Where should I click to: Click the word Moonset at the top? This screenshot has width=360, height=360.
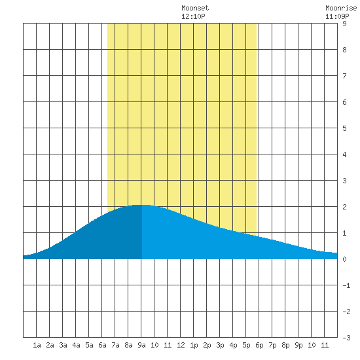pos(195,8)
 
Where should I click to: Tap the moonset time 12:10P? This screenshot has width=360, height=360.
pos(193,16)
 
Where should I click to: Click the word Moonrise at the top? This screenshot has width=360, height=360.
pos(341,8)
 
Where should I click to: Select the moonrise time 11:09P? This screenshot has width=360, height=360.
pos(337,16)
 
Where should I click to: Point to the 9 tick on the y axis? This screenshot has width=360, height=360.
pos(344,24)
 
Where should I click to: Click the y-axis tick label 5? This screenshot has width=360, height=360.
pos(344,128)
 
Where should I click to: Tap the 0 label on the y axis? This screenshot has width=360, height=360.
pos(344,259)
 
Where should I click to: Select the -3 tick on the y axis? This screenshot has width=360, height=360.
pos(346,338)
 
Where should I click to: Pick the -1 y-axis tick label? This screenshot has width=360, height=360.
pos(346,285)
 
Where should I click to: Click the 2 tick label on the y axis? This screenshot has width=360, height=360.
pos(344,207)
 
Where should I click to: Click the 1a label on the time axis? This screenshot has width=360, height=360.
pos(37,345)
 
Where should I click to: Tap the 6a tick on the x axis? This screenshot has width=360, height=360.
pos(102,345)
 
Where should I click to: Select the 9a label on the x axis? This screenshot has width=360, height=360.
pos(141,345)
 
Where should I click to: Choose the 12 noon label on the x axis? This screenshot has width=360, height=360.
pos(181,345)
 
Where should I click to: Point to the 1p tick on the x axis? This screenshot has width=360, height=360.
pos(194,345)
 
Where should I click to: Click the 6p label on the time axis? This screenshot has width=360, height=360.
pos(259,345)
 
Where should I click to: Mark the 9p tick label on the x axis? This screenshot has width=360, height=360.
pos(298,345)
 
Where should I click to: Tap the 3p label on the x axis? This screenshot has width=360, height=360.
pos(220,345)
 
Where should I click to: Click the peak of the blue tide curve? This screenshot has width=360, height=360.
pos(141,205)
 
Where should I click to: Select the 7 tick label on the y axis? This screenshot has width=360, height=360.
pos(344,76)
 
